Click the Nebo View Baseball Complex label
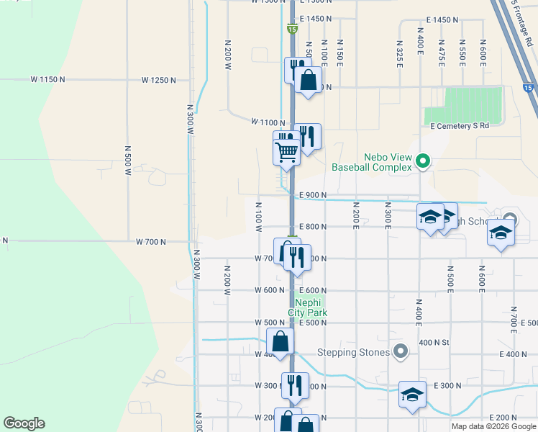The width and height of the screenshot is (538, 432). (x=371, y=161)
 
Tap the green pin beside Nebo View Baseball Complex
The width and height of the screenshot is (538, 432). (x=424, y=161)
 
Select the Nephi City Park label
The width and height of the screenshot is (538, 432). (x=308, y=307)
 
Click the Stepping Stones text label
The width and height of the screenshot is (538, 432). (x=353, y=353)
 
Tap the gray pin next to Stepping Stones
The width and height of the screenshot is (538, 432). (x=401, y=352)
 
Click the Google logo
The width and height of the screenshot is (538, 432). (x=24, y=423)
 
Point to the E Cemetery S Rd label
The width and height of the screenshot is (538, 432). (x=460, y=125)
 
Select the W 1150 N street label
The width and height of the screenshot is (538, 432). (x=47, y=78)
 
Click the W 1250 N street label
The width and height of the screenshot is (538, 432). (x=158, y=79)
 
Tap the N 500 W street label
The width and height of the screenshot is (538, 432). (x=128, y=161)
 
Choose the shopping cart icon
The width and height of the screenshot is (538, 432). (x=286, y=151)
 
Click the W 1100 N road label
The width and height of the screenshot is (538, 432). (x=268, y=123)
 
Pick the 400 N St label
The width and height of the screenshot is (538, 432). (x=434, y=341)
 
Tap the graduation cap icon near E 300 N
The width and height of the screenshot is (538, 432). (x=412, y=395)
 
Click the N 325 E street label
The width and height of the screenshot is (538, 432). (x=398, y=51)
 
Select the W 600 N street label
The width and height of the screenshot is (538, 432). (x=270, y=290)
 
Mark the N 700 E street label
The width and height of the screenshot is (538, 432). (x=514, y=314)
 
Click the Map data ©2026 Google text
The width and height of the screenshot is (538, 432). (x=494, y=426)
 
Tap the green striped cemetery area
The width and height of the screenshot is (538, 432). (x=463, y=105)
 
